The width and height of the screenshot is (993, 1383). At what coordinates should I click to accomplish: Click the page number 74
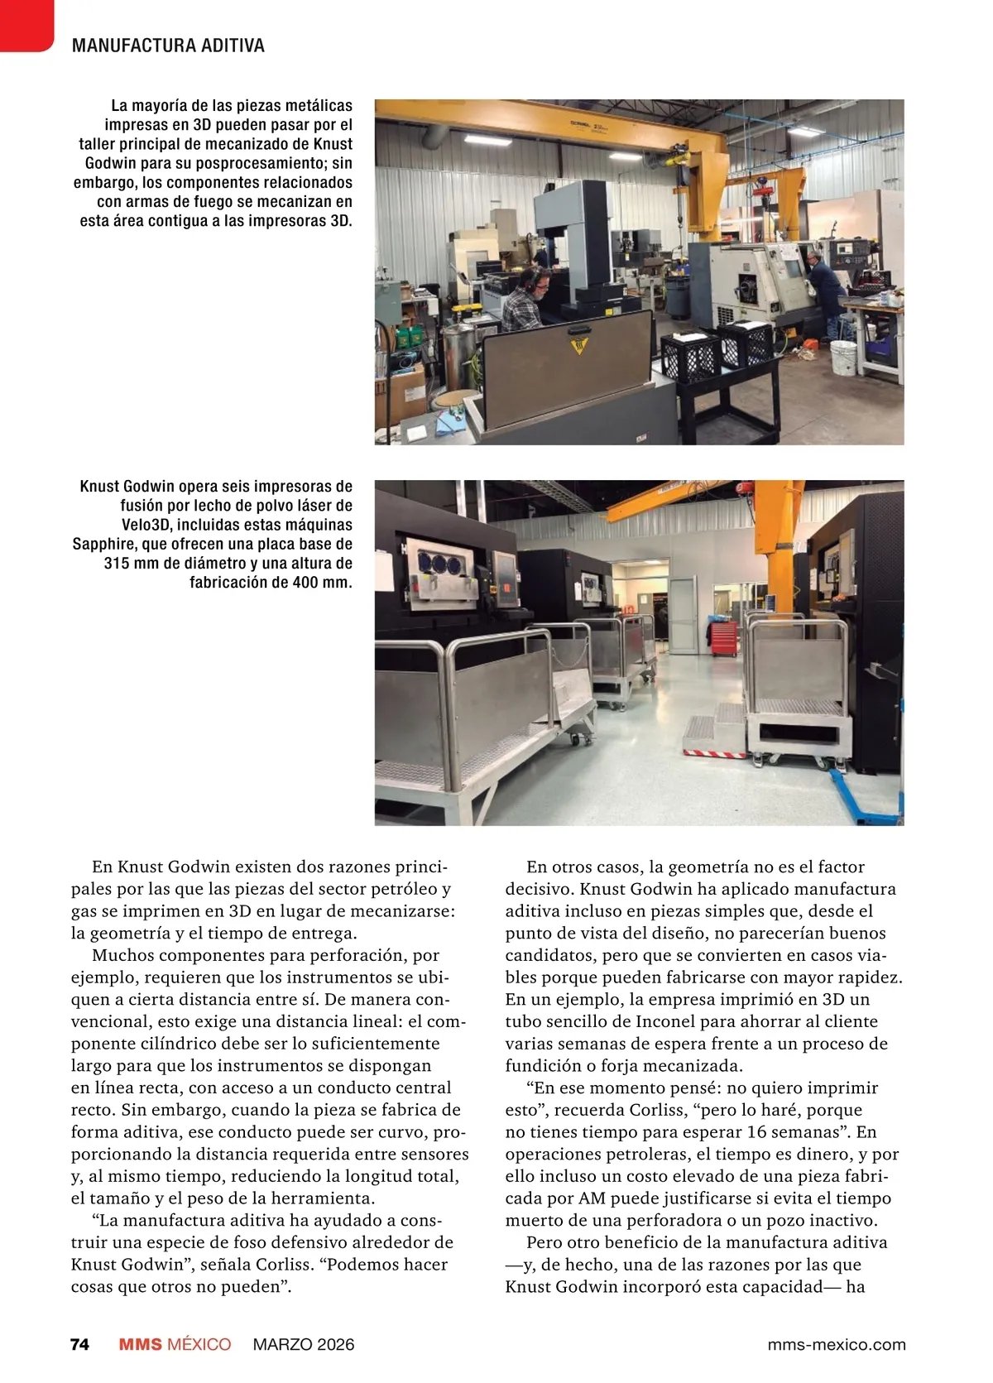pos(79,1344)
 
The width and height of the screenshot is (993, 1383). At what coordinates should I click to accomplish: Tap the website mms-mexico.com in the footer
pos(837,1344)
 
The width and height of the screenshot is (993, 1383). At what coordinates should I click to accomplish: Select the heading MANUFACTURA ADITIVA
pos(168,46)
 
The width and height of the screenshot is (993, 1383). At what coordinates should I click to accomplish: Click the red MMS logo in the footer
pos(140,1344)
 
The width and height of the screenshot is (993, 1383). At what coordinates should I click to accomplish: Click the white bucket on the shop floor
pos(842,358)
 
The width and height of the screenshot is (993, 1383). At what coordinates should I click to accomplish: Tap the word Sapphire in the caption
pos(108,544)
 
